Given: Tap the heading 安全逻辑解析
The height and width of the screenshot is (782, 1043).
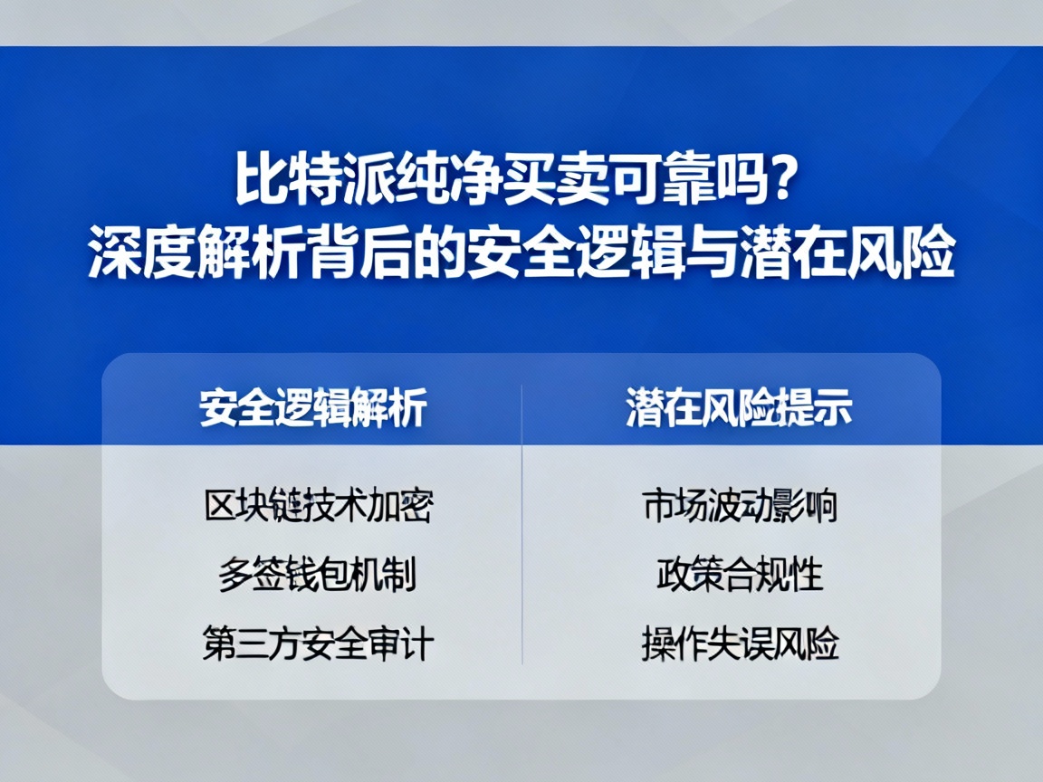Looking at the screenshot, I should tap(313, 408).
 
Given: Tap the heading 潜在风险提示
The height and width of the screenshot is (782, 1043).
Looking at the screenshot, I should tap(739, 408).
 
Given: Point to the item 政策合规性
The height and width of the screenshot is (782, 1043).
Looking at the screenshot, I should tap(740, 575).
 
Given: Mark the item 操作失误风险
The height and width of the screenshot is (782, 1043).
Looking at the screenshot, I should tap(740, 644).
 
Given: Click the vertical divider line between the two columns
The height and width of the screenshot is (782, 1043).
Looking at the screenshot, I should tap(522, 525).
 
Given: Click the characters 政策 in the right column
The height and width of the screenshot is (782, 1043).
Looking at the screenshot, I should tap(689, 575).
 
